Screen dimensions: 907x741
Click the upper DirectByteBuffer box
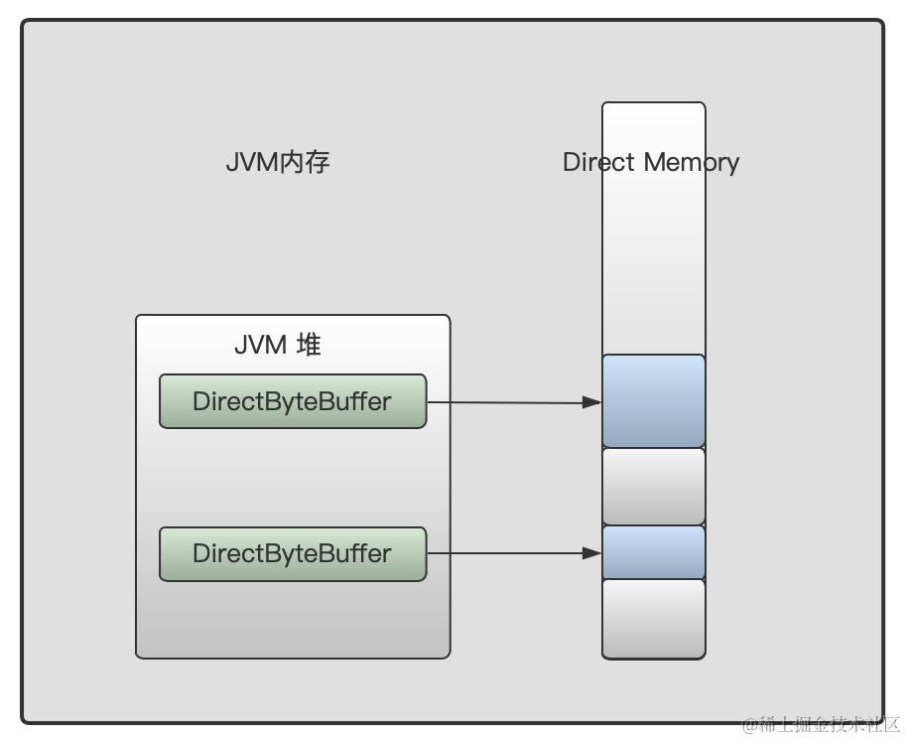[293, 401]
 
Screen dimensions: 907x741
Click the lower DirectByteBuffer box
[293, 553]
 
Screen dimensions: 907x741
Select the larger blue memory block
[653, 401]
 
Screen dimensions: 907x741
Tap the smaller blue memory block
[653, 552]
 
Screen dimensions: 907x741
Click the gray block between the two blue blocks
[653, 487]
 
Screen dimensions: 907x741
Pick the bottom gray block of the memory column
[653, 618]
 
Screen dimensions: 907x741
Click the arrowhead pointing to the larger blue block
[592, 402]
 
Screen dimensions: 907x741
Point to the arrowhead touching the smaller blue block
[592, 553]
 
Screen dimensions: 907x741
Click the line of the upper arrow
[506, 402]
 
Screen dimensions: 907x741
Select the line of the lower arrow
[506, 553]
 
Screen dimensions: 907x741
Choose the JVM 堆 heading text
[277, 345]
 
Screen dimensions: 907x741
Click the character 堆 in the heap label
[309, 345]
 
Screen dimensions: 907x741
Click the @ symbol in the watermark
[750, 724]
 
